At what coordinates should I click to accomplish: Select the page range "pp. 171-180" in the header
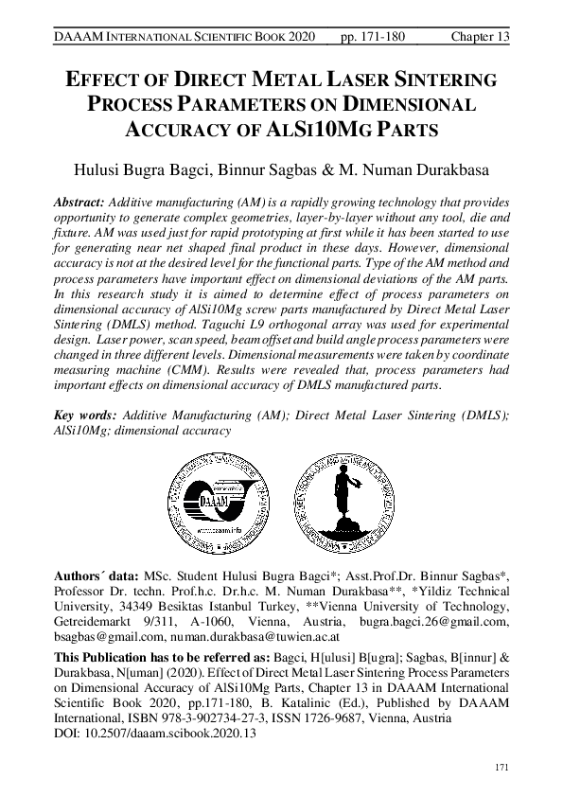(372, 36)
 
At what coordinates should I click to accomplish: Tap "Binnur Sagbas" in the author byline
(283, 171)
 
